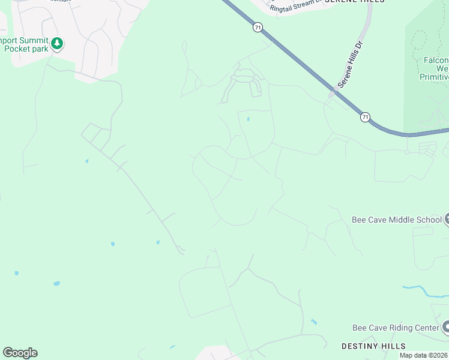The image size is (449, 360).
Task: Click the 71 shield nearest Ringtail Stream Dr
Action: click(x=258, y=28)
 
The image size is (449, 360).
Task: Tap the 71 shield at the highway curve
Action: click(x=365, y=117)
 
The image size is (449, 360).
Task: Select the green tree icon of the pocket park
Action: click(x=57, y=43)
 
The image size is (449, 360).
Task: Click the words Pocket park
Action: click(x=26, y=49)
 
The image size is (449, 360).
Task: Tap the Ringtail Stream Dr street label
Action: click(x=296, y=8)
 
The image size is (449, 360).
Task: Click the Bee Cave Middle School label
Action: click(x=396, y=220)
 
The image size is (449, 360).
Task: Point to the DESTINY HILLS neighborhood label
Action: click(x=373, y=346)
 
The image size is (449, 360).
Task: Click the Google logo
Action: click(x=20, y=353)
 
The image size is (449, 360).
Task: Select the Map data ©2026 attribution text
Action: click(x=423, y=355)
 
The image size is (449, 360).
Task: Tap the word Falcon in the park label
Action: click(x=436, y=60)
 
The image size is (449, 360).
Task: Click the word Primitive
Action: click(x=435, y=77)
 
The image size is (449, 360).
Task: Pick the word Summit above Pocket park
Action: click(x=32, y=40)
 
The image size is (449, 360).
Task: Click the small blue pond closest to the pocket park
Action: click(x=87, y=161)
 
